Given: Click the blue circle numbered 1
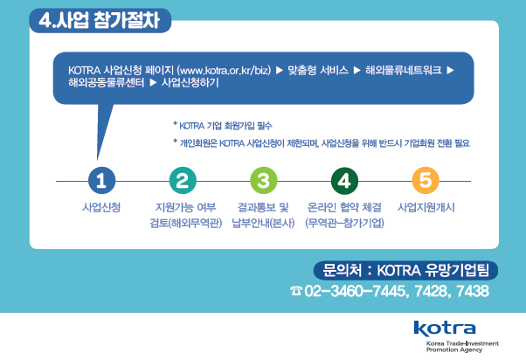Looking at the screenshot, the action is point(101,181).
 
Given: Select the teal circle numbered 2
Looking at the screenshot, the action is point(183,181).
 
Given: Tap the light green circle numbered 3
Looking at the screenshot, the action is point(264,181).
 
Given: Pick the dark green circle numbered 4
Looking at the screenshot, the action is point(344,181).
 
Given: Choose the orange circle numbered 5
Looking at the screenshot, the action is point(426,181).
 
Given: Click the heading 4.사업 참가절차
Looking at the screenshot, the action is point(100,20).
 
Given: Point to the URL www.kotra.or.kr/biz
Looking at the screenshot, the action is point(224,71).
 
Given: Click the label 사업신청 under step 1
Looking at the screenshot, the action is point(101,207).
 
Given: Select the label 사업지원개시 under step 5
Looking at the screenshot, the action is point(426,207).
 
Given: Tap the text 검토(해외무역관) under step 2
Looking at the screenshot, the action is point(186,223).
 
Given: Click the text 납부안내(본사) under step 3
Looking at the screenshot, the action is point(263,223).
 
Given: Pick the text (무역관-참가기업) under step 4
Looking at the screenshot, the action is point(344,223).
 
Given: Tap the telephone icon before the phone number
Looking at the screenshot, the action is point(296,291).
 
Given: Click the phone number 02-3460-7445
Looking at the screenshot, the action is point(355,291).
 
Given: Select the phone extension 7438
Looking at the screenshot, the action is point(473,291).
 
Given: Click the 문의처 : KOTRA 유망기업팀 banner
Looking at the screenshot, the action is point(405,270).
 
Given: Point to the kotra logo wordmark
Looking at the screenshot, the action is point(445,329).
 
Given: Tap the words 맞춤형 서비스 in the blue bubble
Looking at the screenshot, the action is point(318,71).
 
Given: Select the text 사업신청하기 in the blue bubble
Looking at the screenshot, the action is point(190,82).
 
